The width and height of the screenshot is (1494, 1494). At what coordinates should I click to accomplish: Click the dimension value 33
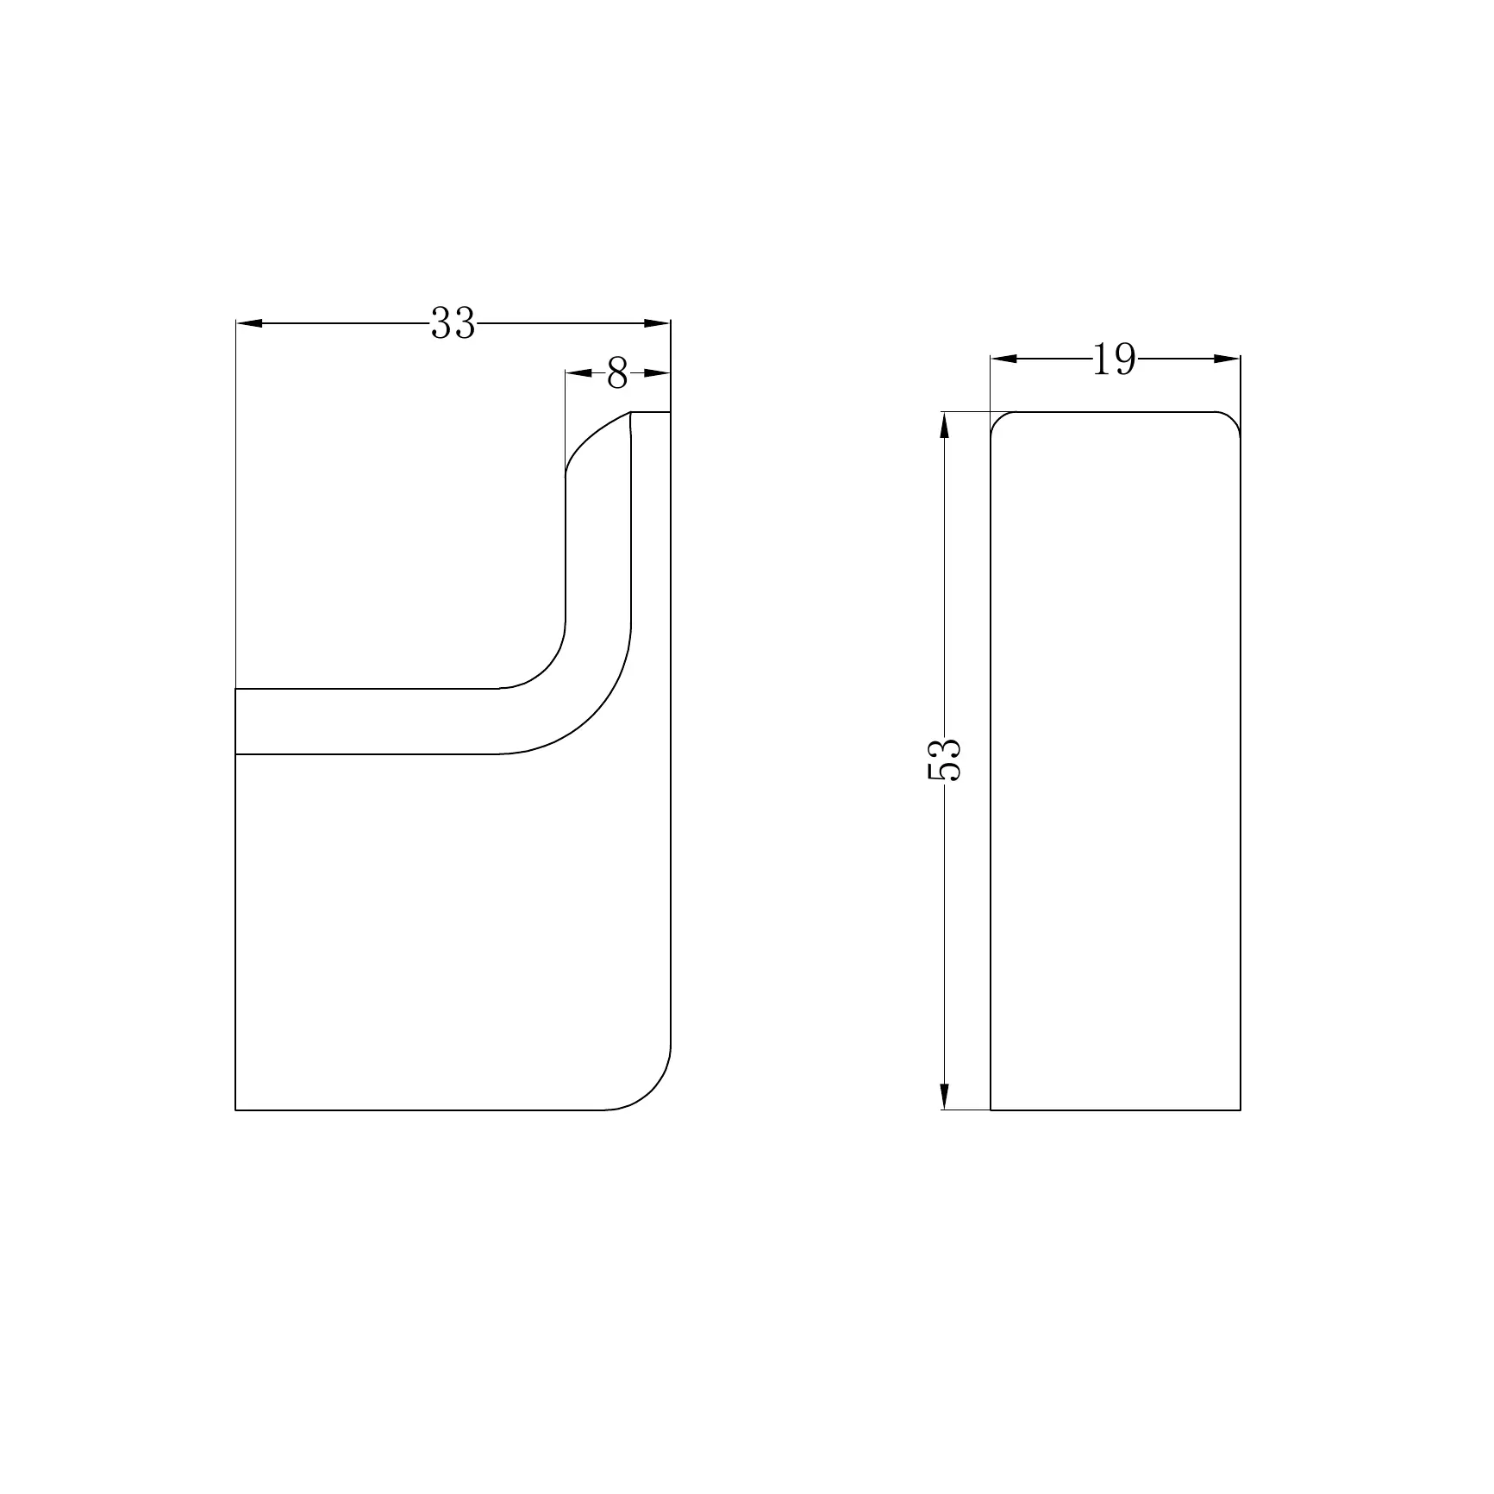point(453,323)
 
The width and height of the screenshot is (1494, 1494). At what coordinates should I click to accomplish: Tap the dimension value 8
point(617,373)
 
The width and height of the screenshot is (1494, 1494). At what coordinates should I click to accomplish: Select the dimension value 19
point(1114,359)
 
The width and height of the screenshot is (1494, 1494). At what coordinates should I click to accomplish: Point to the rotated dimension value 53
point(944,760)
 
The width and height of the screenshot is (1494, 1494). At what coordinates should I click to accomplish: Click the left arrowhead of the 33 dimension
point(249,323)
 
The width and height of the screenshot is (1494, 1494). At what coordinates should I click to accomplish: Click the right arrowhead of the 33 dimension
point(657,323)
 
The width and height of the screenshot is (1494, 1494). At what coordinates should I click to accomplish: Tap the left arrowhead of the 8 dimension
point(578,373)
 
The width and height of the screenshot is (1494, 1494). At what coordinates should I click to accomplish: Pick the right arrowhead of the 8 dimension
point(657,373)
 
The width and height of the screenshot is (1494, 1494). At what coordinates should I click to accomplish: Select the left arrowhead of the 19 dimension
point(1003,359)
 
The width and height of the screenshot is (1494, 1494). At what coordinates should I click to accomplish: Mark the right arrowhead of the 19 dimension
point(1227,359)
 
